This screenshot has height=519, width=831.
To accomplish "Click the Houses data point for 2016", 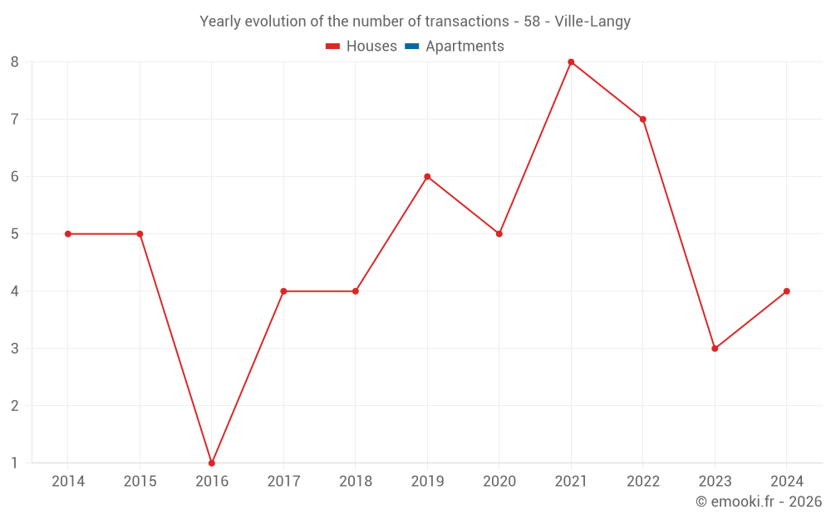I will point(212,463).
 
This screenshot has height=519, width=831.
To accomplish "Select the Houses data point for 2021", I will point(571,62).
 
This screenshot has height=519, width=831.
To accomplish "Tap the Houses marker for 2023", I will point(715,348).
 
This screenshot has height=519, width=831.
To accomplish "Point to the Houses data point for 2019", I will point(427,176).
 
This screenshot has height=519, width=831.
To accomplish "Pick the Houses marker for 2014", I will point(68,233).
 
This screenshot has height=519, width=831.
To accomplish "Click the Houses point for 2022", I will point(643,119).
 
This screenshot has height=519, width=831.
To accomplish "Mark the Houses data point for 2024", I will point(786,291).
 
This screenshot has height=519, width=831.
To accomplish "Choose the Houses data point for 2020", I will point(499,233).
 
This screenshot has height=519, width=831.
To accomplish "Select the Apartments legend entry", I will point(465,47).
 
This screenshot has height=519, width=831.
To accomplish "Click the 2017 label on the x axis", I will point(283,481).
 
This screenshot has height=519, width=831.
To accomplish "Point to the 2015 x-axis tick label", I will point(140,481).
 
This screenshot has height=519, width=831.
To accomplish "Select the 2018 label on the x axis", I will point(355,481).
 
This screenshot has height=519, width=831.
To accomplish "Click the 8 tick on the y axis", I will point(15,62).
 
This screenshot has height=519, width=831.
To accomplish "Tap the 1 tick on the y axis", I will point(15,463).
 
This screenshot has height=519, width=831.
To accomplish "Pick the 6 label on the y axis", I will point(15,176).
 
